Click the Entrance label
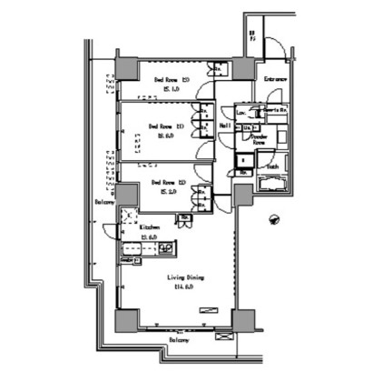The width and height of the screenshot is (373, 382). (276, 80)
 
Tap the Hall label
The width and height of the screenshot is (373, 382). (226, 126)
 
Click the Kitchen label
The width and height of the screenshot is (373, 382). (150, 227)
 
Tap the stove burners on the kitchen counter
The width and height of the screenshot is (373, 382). (166, 248)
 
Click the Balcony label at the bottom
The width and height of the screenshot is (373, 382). (179, 340)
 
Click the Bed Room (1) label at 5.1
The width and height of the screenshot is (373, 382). (165, 78)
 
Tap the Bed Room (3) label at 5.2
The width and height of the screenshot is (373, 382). (164, 182)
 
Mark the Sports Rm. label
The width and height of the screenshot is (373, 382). (274, 111)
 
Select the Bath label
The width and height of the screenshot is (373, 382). (272, 167)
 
